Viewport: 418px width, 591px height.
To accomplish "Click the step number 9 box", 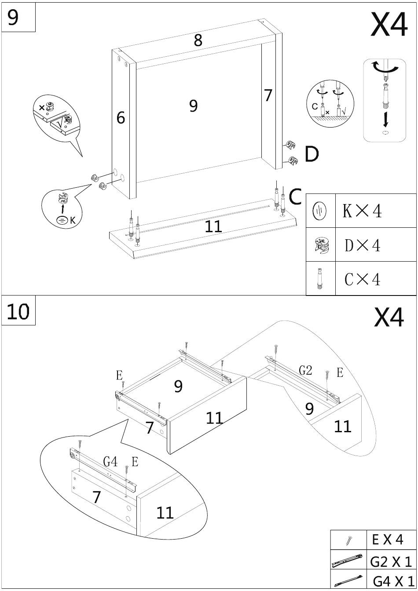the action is tap(18, 17).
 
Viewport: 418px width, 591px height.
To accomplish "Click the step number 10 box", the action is tap(18, 310).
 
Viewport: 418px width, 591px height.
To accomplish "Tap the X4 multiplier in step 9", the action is tap(389, 25).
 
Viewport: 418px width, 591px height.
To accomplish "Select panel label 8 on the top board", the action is tap(198, 40).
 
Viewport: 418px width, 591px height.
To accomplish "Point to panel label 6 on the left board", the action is tap(121, 117).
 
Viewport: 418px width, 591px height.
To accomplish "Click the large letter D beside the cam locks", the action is tap(312, 154).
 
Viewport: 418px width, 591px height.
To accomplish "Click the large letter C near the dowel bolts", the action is tap(296, 197).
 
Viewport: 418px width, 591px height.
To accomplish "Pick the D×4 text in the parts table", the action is tap(363, 245).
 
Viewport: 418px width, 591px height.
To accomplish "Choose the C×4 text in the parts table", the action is tap(363, 279).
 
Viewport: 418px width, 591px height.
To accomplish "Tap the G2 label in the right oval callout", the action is tap(305, 370).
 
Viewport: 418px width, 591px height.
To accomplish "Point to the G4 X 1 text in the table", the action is tap(393, 581).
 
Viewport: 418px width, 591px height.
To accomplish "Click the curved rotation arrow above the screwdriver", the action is tap(385, 68).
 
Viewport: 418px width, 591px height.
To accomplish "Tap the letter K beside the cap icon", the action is tap(73, 220).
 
